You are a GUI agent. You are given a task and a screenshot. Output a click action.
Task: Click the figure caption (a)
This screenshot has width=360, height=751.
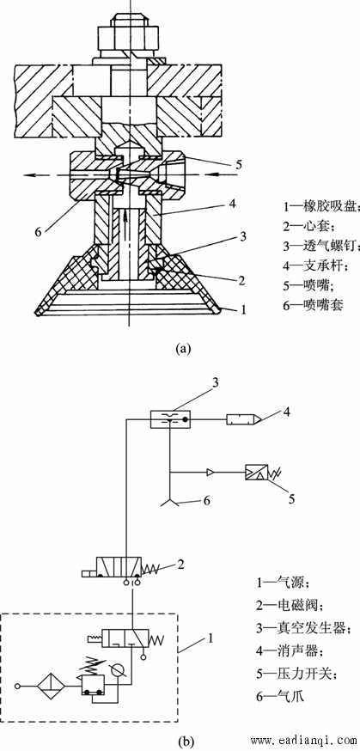click(183, 348)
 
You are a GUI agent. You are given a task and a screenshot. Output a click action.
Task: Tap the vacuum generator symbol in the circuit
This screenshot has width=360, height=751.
click(170, 419)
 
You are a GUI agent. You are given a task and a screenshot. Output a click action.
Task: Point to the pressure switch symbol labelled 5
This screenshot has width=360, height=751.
click(259, 473)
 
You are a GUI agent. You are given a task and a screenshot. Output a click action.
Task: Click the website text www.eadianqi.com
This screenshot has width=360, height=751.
click(303, 742)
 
